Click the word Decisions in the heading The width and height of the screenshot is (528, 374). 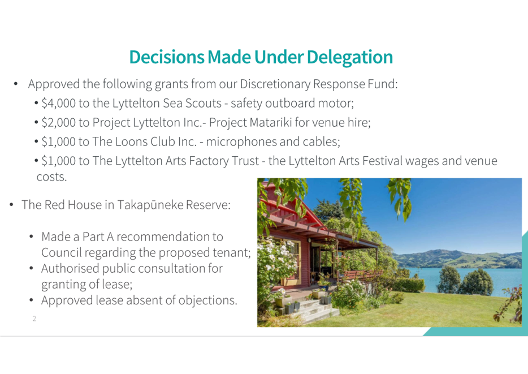[167, 57]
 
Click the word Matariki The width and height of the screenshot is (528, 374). [271, 122]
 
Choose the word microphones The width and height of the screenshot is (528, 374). [241, 142]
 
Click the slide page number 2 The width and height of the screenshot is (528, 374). [34, 319]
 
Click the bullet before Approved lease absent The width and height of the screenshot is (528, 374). [31, 300]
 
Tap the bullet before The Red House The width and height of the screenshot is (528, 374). [11, 205]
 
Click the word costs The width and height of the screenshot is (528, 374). [51, 177]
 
